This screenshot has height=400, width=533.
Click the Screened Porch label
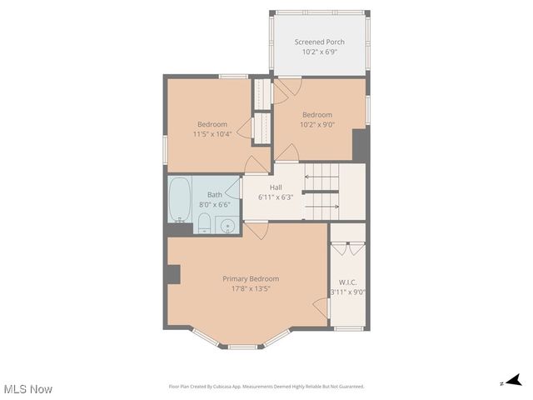320,42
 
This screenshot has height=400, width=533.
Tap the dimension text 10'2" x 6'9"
320,52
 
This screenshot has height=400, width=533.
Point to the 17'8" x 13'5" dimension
251,289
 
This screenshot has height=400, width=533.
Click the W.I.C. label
347,282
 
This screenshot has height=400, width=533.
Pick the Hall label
275,187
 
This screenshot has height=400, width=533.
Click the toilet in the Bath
203,222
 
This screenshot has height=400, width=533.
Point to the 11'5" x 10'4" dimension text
212,134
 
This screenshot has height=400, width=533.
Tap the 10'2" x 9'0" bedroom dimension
317,125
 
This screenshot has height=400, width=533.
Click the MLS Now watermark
28,389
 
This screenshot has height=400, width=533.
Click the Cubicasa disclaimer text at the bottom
266,387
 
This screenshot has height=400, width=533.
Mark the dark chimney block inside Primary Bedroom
173,275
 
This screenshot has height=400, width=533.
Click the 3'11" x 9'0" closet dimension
348,292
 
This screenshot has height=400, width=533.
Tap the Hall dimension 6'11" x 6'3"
275,197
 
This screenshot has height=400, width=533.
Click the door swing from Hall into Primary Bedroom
257,229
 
